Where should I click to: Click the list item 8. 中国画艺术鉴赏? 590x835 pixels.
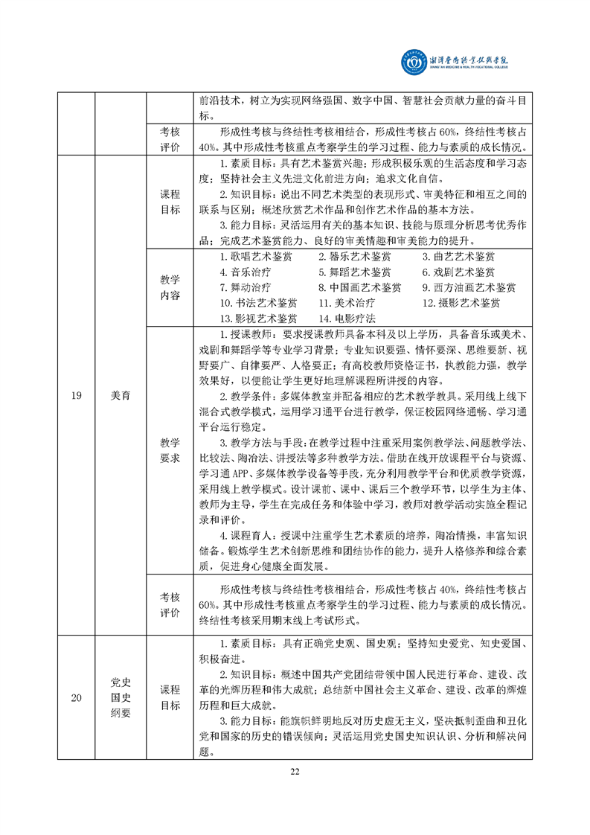[x=359, y=288]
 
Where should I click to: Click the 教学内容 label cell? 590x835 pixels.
[x=170, y=287]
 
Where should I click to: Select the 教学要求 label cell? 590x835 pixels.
[x=170, y=450]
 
